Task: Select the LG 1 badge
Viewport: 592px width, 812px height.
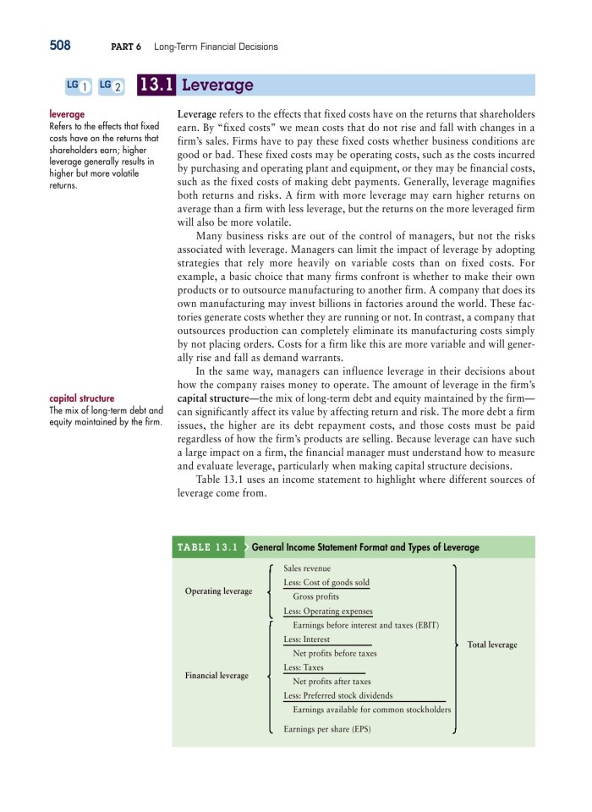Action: click(x=79, y=85)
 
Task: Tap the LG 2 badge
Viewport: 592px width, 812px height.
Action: click(x=111, y=85)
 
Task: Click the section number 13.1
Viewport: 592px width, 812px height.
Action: click(x=156, y=85)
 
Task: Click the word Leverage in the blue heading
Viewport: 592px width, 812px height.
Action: click(x=218, y=85)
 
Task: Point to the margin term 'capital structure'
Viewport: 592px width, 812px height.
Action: click(x=82, y=398)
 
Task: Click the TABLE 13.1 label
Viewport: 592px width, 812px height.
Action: click(x=207, y=547)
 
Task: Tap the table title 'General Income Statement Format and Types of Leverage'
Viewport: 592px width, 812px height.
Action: click(x=365, y=547)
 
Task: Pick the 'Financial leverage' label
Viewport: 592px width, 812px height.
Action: click(x=218, y=675)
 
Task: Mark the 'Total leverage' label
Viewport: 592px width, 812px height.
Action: click(x=491, y=645)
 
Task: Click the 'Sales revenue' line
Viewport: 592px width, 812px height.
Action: click(x=307, y=569)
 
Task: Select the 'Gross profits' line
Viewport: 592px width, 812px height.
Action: click(x=315, y=596)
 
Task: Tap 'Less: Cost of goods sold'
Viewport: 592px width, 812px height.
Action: click(x=326, y=583)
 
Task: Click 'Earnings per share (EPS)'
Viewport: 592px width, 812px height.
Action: click(x=326, y=728)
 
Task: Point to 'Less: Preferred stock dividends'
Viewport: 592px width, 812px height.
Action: click(x=337, y=695)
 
